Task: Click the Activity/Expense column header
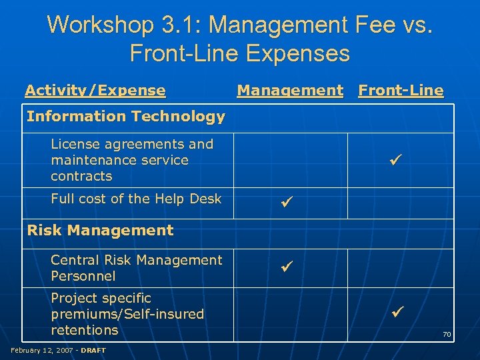coord(95,90)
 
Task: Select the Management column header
coord(290,90)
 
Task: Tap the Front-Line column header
coord(401,90)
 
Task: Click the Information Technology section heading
coord(125,117)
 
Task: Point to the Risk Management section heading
coord(100,231)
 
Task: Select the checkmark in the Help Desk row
coord(287,199)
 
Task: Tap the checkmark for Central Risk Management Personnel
coord(287,268)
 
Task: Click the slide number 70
coord(447,333)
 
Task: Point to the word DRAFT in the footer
coord(93,350)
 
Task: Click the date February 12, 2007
coord(41,350)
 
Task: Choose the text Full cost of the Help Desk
coord(136,199)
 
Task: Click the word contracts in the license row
coord(81,177)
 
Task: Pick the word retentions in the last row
coord(84,330)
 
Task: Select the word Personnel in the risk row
coord(83,276)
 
